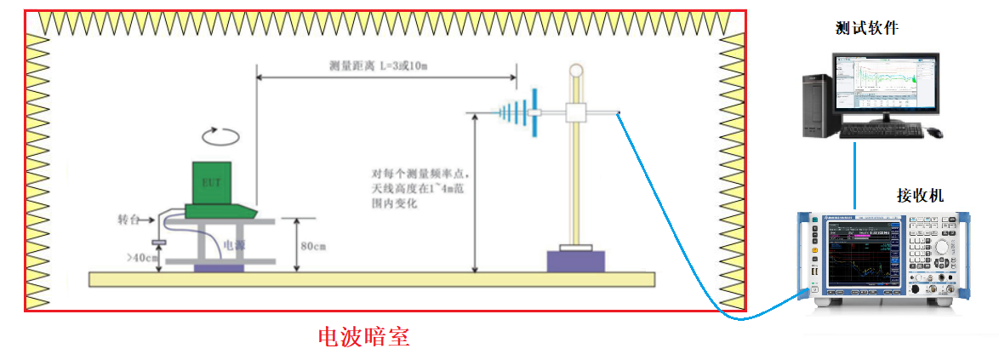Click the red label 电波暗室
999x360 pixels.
[363, 337]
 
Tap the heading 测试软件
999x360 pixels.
[867, 29]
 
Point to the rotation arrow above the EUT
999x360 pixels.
[219, 135]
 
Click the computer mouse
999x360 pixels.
[934, 132]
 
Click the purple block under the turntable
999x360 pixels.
[219, 268]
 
